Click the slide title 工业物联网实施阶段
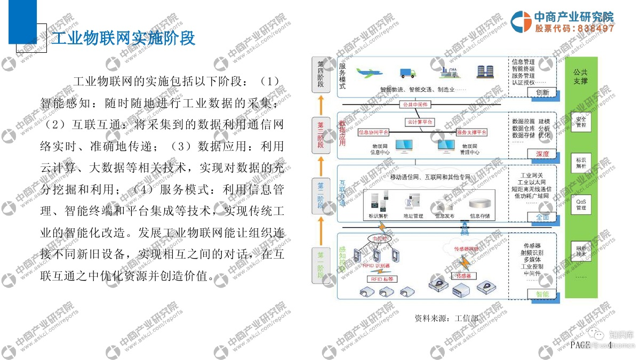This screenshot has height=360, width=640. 123,38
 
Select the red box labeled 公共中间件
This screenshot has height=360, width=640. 415,105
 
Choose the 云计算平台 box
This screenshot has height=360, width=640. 420,122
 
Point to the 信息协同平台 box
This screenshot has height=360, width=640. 373,132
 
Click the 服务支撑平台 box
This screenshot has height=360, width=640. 471,132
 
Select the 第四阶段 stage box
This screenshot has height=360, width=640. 321,75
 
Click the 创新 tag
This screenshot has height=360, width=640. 542,92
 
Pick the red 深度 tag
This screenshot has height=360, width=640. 542,154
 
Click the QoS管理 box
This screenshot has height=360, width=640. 581,204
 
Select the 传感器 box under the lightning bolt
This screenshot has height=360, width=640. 463,276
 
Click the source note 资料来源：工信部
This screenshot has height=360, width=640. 446,318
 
